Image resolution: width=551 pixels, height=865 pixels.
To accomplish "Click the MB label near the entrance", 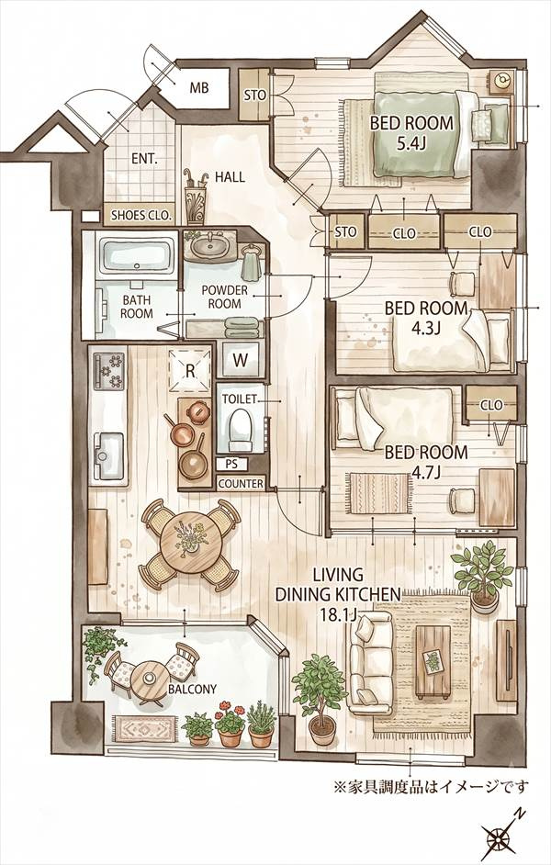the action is [x=199, y=87].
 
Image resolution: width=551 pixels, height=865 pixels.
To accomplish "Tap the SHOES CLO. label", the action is [x=142, y=215].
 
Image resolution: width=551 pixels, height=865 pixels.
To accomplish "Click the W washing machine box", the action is [x=241, y=360].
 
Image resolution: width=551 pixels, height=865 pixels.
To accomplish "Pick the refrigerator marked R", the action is [x=190, y=370].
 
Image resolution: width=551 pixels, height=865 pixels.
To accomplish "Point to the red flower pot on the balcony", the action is [x=230, y=724].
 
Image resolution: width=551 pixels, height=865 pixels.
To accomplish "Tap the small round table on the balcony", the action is [x=149, y=678].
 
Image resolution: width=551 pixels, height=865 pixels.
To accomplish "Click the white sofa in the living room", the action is [x=369, y=662].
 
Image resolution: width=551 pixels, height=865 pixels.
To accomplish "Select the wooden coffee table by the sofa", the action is [x=433, y=660].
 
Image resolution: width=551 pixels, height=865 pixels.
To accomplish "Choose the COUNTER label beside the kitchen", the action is [x=241, y=484].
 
